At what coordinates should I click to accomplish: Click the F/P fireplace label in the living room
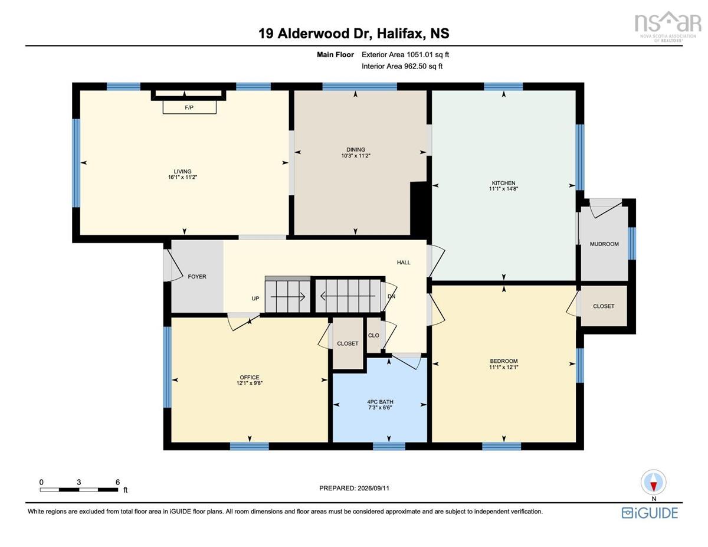coord(189,107)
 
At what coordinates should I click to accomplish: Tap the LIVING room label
coord(182,171)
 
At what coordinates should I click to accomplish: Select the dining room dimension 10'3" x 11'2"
coord(355,156)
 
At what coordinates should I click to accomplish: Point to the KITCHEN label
coord(504,183)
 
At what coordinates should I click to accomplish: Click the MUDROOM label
coord(604,244)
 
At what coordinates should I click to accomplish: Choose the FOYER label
coord(197,277)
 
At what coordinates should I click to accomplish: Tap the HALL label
coord(404,262)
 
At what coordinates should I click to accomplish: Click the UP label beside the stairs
coord(255,299)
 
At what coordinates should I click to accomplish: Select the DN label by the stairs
coord(391,296)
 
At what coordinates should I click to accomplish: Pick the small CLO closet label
coord(373,335)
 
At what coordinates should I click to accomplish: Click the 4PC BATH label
coord(380,402)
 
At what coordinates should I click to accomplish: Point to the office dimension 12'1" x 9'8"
coord(250,383)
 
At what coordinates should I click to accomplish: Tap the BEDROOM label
coord(504,361)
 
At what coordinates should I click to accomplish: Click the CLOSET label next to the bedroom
coord(604,306)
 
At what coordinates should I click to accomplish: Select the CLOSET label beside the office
coord(348,343)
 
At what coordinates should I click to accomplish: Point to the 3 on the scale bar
coord(78,482)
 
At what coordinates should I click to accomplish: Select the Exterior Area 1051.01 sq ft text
coord(405,55)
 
